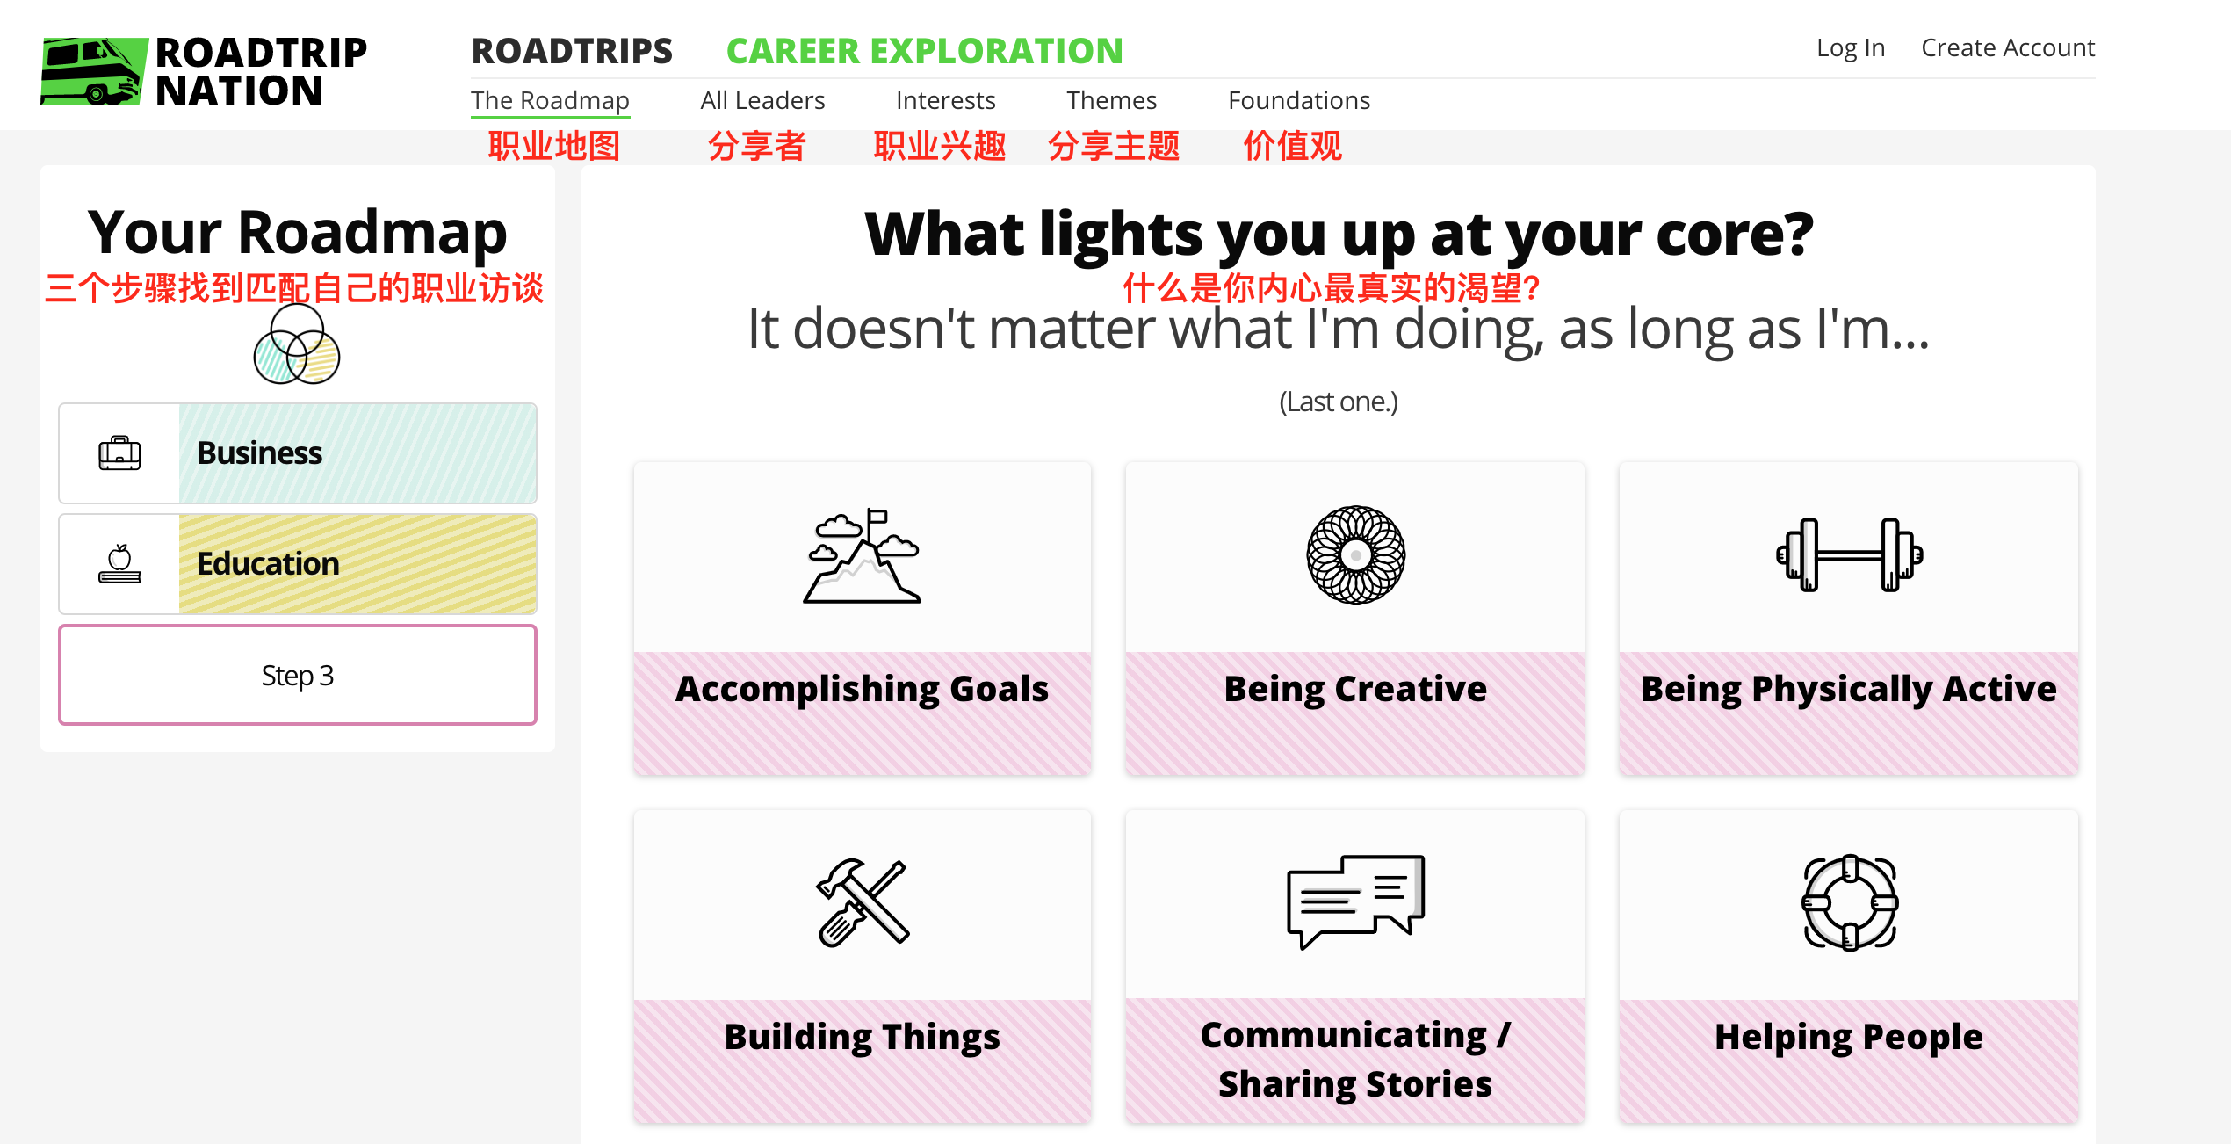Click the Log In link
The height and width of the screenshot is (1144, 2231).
click(x=1851, y=47)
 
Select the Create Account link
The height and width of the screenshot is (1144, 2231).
click(x=2008, y=47)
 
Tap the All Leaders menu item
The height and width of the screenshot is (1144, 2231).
click(x=762, y=100)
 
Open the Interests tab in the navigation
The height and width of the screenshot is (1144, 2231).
click(x=945, y=100)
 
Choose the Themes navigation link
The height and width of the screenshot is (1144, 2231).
click(x=1111, y=100)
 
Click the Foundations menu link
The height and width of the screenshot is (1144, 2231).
click(x=1299, y=100)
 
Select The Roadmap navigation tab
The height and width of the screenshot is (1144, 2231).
click(x=550, y=100)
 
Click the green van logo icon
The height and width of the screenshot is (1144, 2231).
click(x=93, y=70)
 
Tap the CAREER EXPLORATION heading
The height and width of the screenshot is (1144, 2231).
click(x=925, y=51)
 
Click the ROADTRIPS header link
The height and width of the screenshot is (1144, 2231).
click(x=572, y=51)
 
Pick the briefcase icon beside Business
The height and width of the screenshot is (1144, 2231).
click(x=119, y=453)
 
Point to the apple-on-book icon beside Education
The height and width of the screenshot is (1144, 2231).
click(x=119, y=564)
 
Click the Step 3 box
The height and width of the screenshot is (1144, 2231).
click(x=298, y=675)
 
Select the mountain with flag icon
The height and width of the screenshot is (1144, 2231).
click(x=863, y=555)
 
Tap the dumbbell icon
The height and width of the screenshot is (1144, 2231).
click(x=1849, y=554)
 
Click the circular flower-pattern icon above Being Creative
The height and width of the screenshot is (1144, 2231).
click(x=1355, y=554)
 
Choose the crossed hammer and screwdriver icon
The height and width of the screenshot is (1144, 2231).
click(x=863, y=902)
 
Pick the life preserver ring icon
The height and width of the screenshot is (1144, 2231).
click(x=1849, y=902)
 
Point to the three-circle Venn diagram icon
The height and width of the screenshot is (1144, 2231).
click(x=297, y=344)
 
